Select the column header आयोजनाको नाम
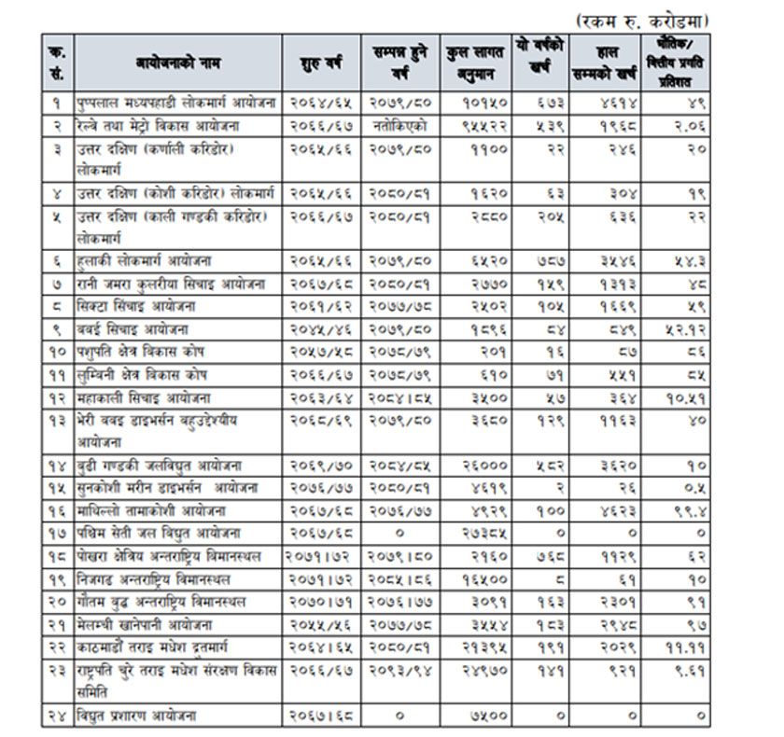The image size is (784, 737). (x=178, y=62)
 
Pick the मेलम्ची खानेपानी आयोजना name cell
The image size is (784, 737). (x=149, y=624)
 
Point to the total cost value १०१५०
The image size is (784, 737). (x=484, y=103)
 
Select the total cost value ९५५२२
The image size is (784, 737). (x=484, y=125)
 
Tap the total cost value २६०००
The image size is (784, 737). (x=484, y=465)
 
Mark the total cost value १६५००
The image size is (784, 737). (x=484, y=579)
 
